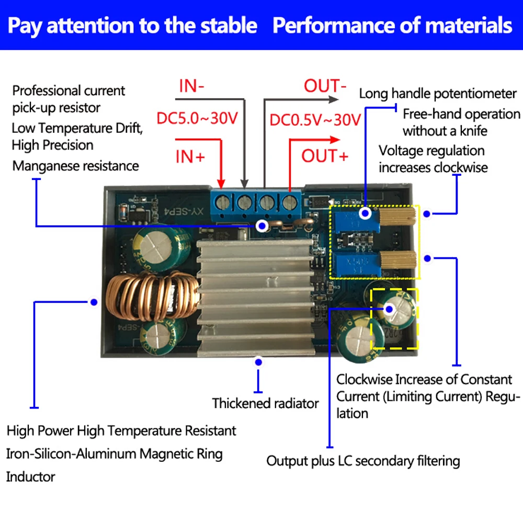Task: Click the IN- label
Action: tap(191, 86)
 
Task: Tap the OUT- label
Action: tap(325, 86)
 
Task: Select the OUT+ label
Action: tap(324, 155)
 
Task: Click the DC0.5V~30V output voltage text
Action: tap(315, 120)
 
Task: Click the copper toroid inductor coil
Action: tap(152, 301)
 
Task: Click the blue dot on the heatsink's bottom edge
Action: tap(258, 361)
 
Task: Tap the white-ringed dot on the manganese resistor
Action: tap(263, 225)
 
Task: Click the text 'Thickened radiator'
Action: tap(265, 404)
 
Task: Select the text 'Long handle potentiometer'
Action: tap(438, 94)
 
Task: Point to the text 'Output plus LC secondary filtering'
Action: tap(363, 461)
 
